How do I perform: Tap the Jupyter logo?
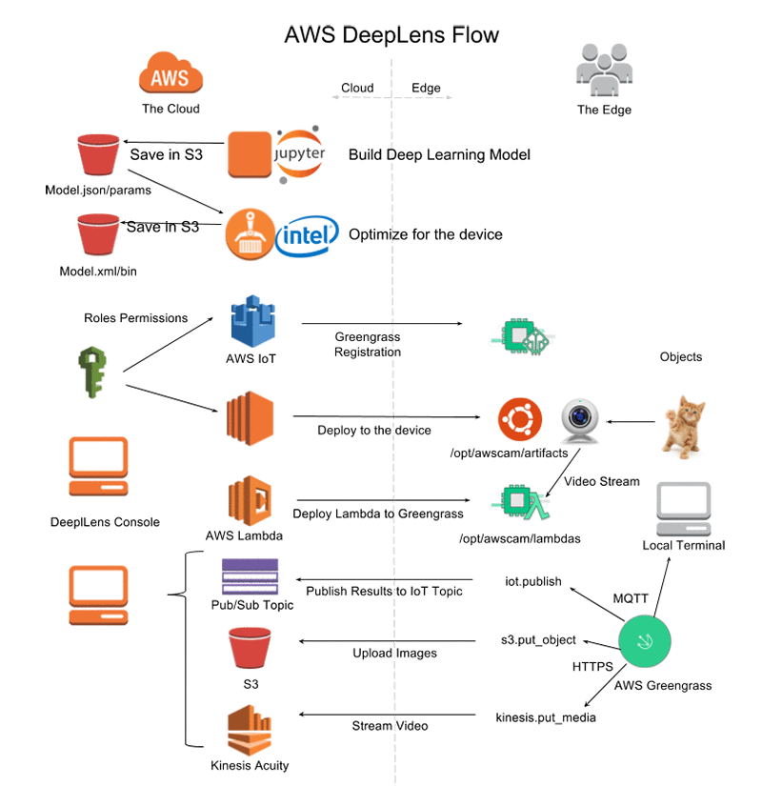coord(299,154)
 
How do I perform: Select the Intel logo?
coord(307,235)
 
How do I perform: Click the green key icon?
coord(92,372)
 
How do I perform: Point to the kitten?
coord(684,427)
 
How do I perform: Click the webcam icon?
coord(580,421)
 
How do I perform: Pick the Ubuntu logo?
coord(520,419)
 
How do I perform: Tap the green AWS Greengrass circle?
coord(645,641)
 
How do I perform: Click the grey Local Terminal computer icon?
coord(684,509)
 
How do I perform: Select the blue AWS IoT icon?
coord(252,321)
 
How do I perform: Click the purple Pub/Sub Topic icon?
coord(251,576)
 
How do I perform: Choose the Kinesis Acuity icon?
coord(250,730)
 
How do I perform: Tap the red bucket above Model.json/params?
coord(98,154)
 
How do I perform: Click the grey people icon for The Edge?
coord(604,70)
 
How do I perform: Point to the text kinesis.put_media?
coord(546,717)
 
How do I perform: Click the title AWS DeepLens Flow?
coord(391,35)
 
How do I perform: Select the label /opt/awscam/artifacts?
coord(509,453)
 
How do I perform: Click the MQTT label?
coord(631,598)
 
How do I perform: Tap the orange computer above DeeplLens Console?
coord(98,466)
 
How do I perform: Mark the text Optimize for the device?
coord(426,234)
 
